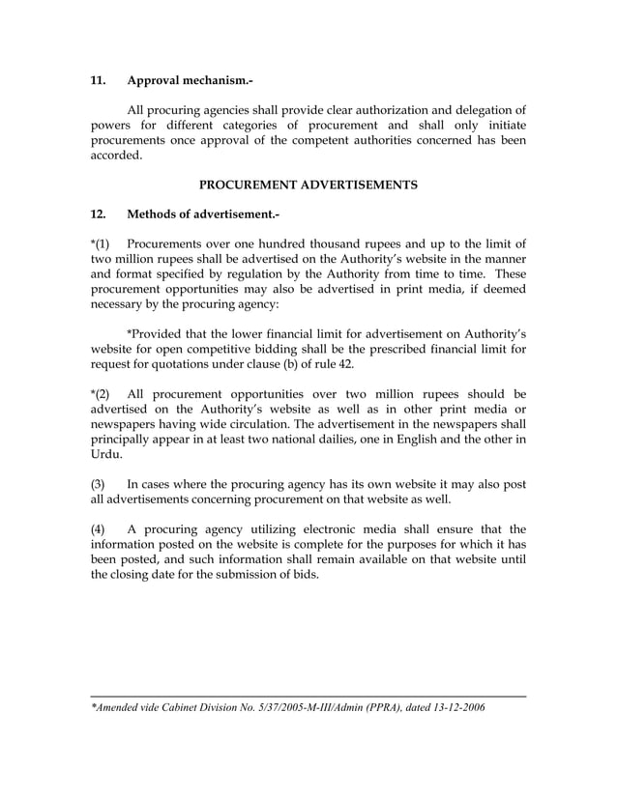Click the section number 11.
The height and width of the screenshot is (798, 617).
click(x=99, y=80)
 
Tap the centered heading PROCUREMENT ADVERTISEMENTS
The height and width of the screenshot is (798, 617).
click(x=308, y=185)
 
